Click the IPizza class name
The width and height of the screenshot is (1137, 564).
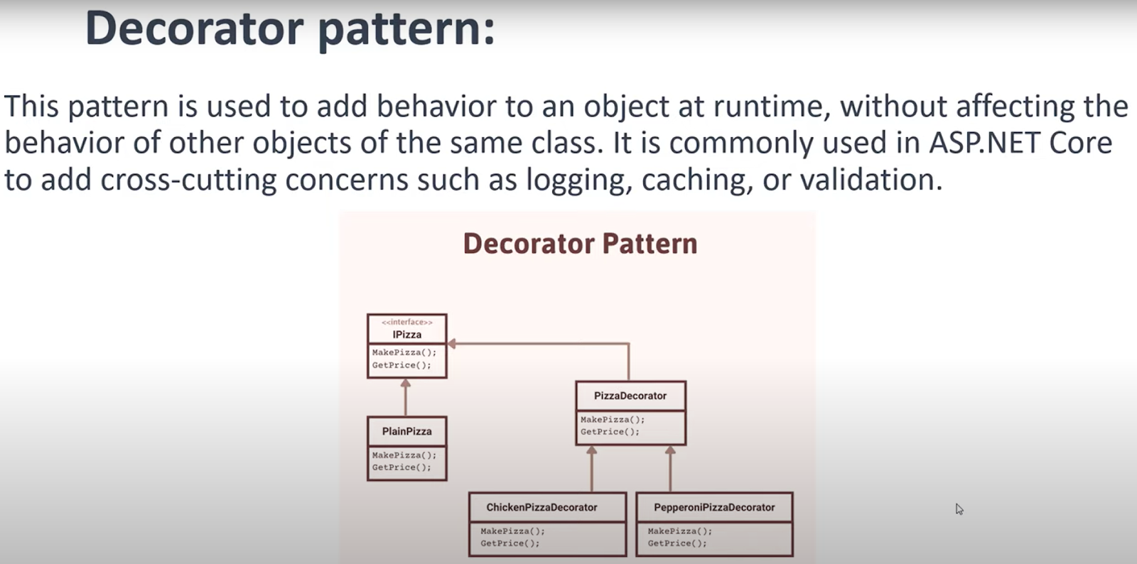tap(406, 335)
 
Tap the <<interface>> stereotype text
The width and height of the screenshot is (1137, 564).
tap(406, 322)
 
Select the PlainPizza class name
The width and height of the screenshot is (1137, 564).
tap(406, 431)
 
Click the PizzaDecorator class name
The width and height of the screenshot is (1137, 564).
tap(630, 396)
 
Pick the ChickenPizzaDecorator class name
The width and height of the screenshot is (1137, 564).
tap(541, 507)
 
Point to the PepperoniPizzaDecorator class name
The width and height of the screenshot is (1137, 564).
tap(714, 507)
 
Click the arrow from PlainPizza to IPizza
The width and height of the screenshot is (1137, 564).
tap(406, 398)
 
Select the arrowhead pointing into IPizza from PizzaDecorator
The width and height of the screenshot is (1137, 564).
tap(452, 344)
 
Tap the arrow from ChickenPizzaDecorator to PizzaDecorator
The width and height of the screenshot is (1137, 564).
tap(592, 469)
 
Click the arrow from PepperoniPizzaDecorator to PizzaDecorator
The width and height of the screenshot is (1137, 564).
tap(670, 469)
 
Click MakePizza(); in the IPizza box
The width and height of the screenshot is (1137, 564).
tap(404, 352)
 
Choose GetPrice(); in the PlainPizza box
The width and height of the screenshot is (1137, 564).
tap(402, 467)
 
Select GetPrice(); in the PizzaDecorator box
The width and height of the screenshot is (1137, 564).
tap(610, 432)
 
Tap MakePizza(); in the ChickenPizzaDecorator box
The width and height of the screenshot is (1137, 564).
tap(512, 531)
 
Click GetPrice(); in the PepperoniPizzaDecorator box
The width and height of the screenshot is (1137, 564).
tap(677, 543)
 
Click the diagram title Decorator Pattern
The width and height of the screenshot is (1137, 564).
tap(580, 244)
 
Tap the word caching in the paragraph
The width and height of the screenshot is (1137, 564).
tap(696, 180)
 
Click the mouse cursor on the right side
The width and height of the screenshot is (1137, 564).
tap(959, 509)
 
